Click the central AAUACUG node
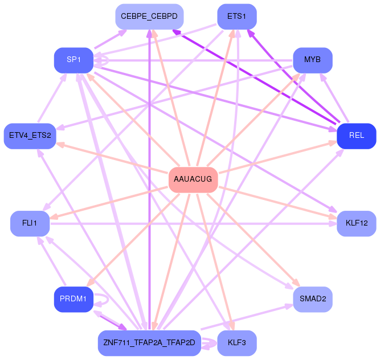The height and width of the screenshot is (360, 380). (x=193, y=180)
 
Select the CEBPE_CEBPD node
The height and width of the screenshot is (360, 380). (x=149, y=17)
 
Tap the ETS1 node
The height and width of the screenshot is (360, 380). (x=237, y=17)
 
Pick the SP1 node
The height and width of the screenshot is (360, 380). (x=73, y=60)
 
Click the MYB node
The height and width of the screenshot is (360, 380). (x=313, y=60)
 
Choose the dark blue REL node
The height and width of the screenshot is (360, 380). (x=357, y=136)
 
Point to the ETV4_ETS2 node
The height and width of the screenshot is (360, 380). (x=30, y=136)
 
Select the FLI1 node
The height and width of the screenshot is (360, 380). (x=30, y=223)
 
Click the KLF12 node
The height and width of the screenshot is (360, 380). (x=357, y=223)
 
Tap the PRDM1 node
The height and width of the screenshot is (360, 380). (x=73, y=299)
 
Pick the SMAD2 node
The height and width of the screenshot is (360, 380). (x=313, y=299)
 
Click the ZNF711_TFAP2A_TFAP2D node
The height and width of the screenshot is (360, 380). (x=149, y=343)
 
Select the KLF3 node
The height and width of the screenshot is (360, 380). (x=237, y=343)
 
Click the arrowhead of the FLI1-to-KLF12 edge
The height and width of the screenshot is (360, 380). (x=333, y=223)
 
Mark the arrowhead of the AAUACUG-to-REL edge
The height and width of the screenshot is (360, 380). (x=333, y=143)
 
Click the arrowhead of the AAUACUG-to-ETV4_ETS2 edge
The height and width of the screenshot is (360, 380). (x=60, y=144)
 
